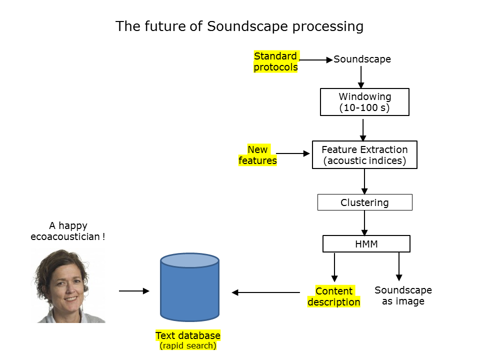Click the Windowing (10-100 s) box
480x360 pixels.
[x=364, y=102]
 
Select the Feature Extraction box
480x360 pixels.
[x=364, y=154]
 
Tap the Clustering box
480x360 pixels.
[x=365, y=202]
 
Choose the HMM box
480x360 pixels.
[x=366, y=243]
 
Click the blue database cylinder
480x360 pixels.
[x=190, y=287]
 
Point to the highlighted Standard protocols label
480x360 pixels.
[x=276, y=61]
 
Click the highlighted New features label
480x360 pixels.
[x=258, y=155]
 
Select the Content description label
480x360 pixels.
[x=334, y=296]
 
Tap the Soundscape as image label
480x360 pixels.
[x=403, y=295]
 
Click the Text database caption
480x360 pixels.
[x=188, y=335]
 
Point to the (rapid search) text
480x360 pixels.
[x=188, y=345]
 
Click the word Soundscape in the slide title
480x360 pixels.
[x=247, y=26]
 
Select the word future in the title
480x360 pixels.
[x=165, y=26]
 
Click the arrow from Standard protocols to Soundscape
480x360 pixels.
[x=316, y=60]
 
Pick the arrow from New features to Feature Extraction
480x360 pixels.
[x=293, y=153]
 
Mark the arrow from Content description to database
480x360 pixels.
[x=265, y=292]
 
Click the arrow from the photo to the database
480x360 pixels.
[x=134, y=291]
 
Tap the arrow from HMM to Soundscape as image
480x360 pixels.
[x=399, y=266]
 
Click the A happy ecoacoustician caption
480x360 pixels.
[x=68, y=231]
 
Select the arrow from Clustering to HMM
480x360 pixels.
[x=364, y=223]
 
